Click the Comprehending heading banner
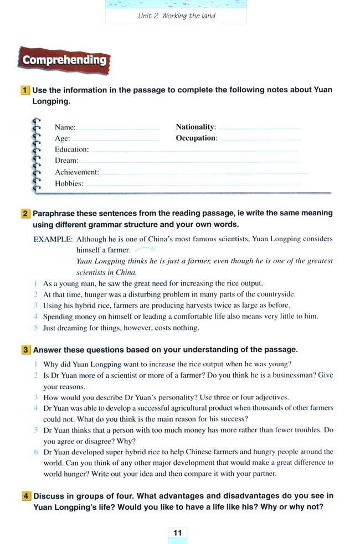64,60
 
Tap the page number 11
178,532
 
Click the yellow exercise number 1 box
25,90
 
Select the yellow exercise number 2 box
25,213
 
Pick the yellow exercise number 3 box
25,350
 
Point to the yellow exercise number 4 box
25,496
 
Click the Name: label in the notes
65,127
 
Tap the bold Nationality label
196,127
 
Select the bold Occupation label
196,138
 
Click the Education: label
71,149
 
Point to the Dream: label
66,160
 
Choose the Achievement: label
76,172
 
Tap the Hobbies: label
69,183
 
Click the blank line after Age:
116,140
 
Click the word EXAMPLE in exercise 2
53,239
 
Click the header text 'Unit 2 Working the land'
176,15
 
